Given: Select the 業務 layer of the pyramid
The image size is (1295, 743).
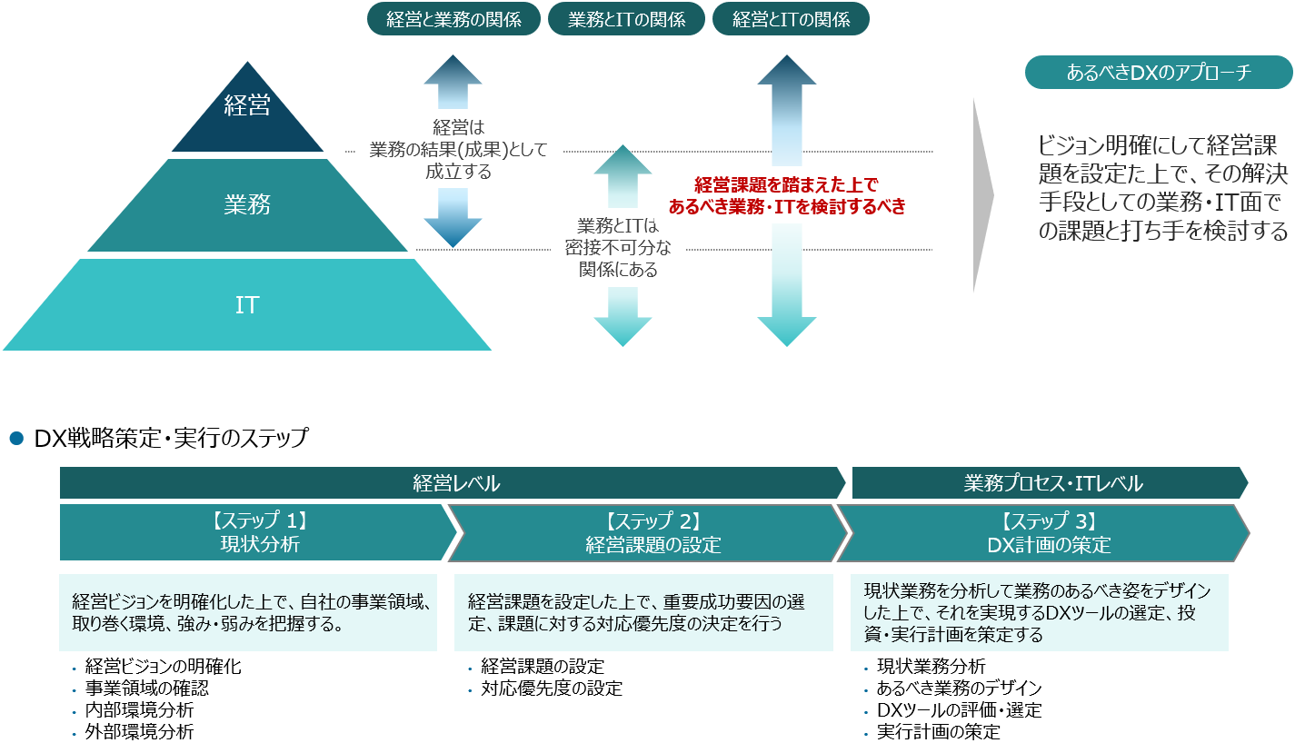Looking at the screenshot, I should coord(247,205).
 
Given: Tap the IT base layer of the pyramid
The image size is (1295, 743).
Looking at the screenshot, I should coord(247,305).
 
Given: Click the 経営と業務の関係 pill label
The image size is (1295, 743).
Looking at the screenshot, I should coord(453,19).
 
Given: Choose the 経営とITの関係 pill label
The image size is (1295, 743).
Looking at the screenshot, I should coord(791,19).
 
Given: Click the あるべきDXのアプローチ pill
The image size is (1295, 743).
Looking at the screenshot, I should coord(1158,73).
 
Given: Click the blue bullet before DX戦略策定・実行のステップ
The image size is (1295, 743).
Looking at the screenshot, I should coord(15,439).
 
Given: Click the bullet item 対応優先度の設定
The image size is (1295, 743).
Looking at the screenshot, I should coord(552,688).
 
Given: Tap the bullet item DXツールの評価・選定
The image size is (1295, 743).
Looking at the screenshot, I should coord(959,709).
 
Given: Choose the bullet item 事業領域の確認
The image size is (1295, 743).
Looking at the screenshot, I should coord(146,688).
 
